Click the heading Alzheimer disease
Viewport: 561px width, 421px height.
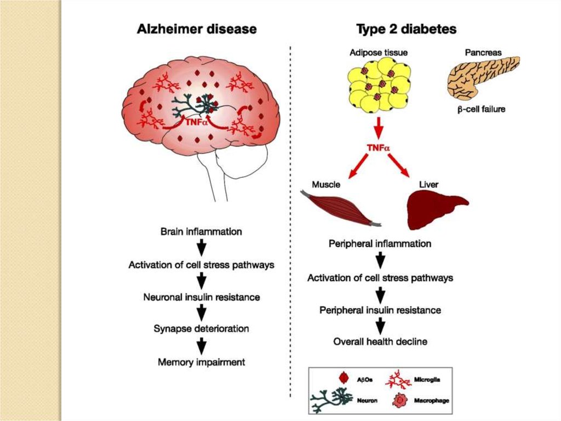tap(197, 29)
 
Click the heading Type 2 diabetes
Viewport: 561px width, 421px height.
tap(406, 29)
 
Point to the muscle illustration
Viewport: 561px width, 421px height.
tap(340, 209)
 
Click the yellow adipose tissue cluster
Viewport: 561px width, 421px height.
tap(378, 85)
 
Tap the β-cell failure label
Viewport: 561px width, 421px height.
tap(482, 109)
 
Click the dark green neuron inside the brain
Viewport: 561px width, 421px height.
tap(194, 104)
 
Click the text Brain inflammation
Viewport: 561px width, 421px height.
tap(201, 232)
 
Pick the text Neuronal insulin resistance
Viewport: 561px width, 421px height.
tap(202, 297)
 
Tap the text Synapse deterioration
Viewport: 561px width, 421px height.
tap(201, 329)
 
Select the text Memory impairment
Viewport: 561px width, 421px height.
tap(201, 362)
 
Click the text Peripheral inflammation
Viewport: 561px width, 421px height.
tap(380, 243)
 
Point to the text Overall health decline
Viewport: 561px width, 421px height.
tap(380, 341)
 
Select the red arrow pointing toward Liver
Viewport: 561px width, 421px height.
tap(400, 165)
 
